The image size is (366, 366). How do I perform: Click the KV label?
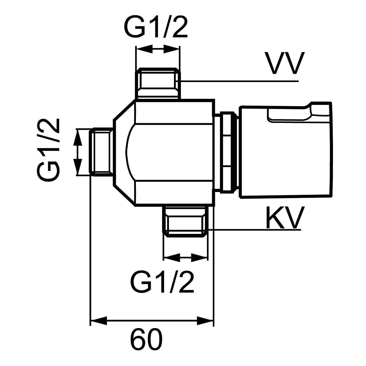284,217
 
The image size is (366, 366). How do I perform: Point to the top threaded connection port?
158,83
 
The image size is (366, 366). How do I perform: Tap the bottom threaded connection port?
185,221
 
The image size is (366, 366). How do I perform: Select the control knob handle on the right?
286,150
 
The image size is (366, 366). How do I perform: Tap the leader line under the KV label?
254,230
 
